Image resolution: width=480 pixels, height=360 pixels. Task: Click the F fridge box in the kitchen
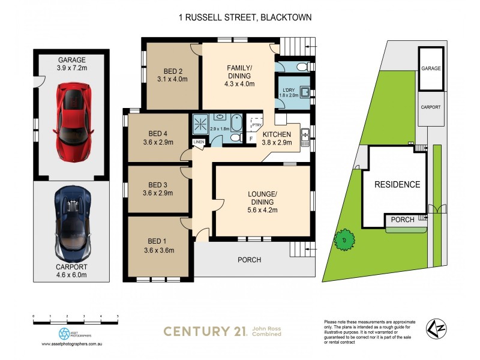251,139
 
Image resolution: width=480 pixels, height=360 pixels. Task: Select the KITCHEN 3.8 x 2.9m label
277,138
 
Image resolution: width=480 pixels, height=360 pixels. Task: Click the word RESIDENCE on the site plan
397,184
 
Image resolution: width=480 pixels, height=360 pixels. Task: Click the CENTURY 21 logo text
205,331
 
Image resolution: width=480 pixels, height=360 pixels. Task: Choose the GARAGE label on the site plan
430,68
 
